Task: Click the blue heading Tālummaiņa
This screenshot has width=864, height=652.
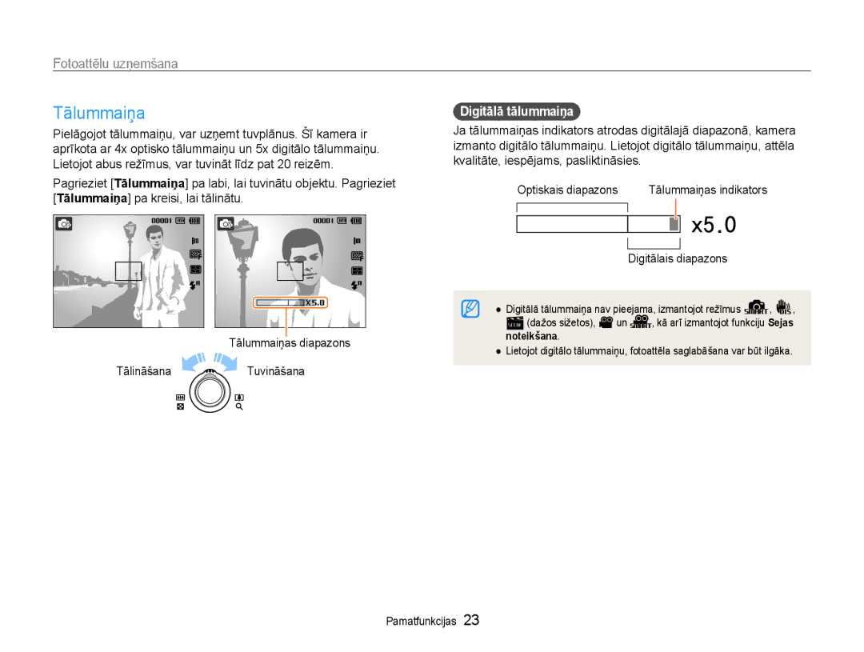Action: [x=99, y=113]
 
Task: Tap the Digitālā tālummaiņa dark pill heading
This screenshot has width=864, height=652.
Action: [x=516, y=111]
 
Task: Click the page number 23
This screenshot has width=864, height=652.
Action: [x=471, y=620]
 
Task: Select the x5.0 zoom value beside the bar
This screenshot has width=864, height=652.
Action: [x=714, y=225]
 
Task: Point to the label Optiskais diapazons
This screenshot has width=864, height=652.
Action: [x=567, y=190]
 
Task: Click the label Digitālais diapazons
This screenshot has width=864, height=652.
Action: [x=678, y=258]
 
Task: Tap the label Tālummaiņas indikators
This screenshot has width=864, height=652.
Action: [x=707, y=190]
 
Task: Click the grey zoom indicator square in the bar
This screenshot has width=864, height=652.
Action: [x=674, y=224]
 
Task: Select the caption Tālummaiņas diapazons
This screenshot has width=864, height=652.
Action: [x=290, y=343]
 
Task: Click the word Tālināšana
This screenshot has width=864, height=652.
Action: [x=143, y=371]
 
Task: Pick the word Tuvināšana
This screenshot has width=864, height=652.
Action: [x=275, y=371]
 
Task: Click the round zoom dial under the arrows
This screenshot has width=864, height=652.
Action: [x=210, y=392]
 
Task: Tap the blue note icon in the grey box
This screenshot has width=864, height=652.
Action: [x=470, y=309]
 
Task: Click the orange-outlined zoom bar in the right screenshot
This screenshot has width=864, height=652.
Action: [x=290, y=302]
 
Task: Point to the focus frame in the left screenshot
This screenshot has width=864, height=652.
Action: [x=128, y=271]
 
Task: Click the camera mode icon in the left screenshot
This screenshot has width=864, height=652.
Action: [x=64, y=224]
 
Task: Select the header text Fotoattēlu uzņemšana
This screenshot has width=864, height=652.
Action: [x=115, y=63]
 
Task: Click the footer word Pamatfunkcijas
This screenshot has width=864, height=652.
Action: [x=421, y=621]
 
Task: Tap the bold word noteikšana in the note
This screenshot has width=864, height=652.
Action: [x=531, y=336]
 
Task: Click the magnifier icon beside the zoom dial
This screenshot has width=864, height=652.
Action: [x=239, y=406]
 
